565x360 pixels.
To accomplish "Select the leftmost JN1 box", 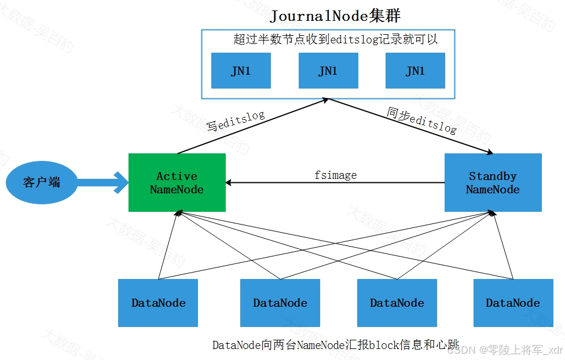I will [241, 71].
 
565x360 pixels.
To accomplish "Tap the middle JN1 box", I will [328, 71].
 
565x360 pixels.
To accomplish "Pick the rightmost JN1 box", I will [415, 71].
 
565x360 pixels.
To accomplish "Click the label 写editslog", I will [236, 120].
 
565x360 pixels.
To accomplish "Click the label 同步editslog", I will [421, 120].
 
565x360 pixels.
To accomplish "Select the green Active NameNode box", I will [177, 182].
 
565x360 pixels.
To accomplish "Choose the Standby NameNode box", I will [493, 182].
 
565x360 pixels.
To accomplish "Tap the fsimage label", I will [335, 175].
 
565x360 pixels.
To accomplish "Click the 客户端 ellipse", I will [42, 183].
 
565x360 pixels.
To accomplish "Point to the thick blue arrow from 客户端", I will [101, 183].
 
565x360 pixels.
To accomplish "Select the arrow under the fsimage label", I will [335, 183].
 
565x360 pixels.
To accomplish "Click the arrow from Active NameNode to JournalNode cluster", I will [252, 126].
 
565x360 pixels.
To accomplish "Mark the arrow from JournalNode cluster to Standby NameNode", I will [410, 126].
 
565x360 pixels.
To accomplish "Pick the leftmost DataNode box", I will [158, 303].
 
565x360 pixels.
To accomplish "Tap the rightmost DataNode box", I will [513, 303].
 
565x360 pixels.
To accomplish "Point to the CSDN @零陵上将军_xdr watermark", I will [505, 350].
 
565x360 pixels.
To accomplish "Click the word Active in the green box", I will [177, 176].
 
